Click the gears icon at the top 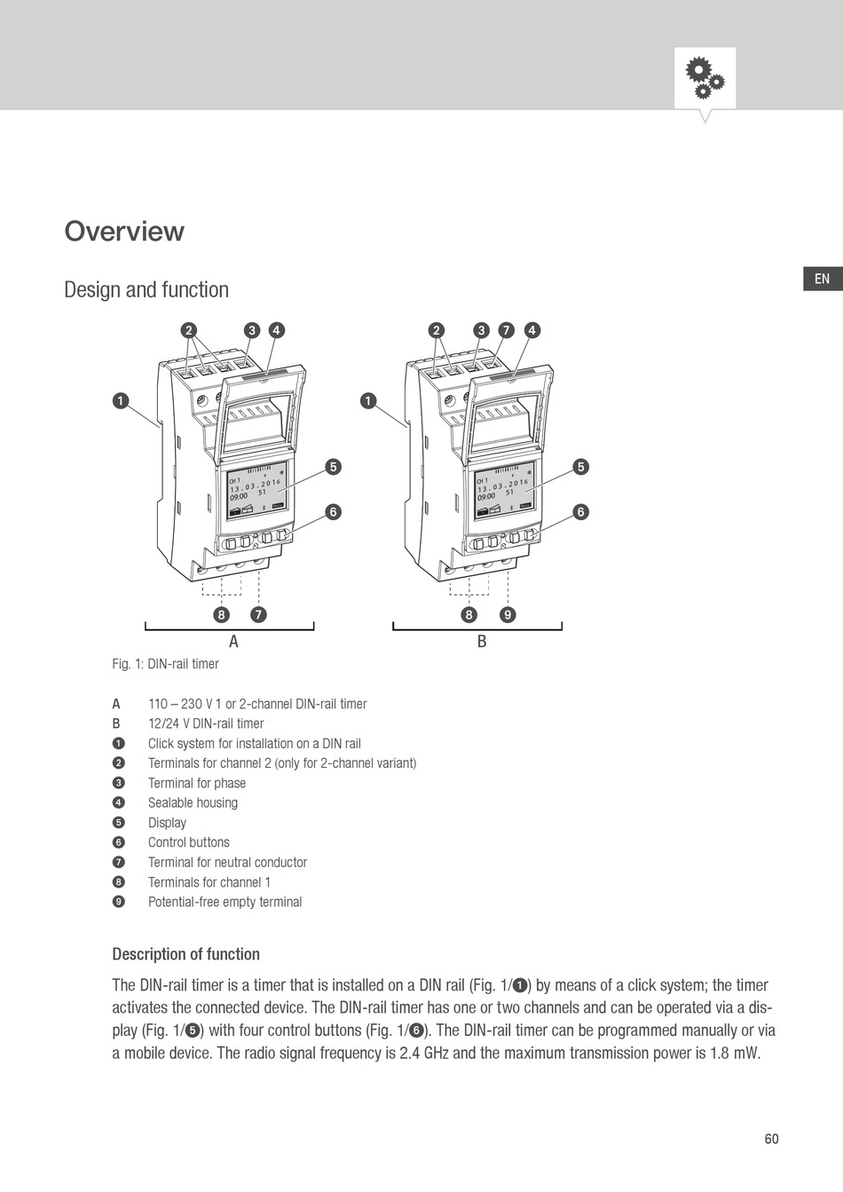[705, 78]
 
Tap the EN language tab [822, 279]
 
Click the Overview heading [124, 231]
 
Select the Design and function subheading [146, 290]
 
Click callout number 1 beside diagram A [120, 401]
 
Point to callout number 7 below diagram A [258, 614]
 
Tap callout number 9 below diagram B [507, 614]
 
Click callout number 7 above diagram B [506, 330]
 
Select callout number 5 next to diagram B [580, 467]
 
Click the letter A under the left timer [233, 642]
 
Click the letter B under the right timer [482, 642]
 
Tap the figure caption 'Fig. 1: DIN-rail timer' [165, 664]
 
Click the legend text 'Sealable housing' [193, 802]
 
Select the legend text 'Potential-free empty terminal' [225, 902]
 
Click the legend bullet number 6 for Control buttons [119, 842]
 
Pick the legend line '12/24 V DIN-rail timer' [206, 723]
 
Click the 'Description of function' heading [185, 954]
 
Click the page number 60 [771, 1139]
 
